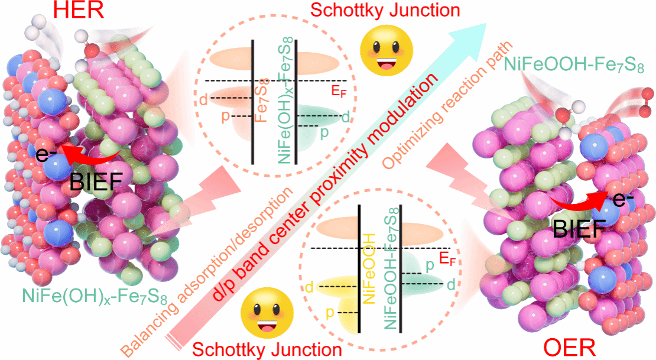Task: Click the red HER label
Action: click(79, 10)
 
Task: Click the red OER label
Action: click(569, 348)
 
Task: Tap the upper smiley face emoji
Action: click(387, 51)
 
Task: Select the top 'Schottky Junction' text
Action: click(385, 10)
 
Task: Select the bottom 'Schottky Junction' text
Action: click(267, 350)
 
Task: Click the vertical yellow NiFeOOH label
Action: click(369, 268)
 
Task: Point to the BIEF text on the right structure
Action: click(579, 229)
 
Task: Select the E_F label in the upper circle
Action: click(339, 90)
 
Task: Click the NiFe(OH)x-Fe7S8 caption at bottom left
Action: click(95, 296)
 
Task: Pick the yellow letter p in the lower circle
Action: click(330, 313)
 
